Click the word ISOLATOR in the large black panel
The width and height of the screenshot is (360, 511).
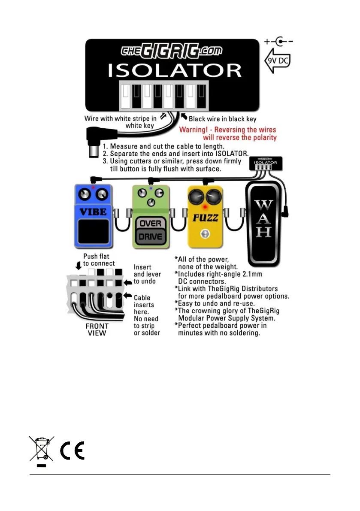(x=174, y=70)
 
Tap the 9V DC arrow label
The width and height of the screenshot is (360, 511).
(x=278, y=61)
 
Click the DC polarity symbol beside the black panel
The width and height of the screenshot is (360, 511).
(x=279, y=42)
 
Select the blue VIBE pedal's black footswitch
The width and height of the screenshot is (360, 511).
(x=93, y=233)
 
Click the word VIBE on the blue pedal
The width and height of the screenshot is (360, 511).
(x=93, y=211)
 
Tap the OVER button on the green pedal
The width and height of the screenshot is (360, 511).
(x=151, y=224)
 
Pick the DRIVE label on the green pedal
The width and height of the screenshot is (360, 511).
(x=151, y=236)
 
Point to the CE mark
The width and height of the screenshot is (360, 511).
(x=72, y=450)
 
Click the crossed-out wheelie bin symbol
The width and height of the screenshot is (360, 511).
(x=41, y=450)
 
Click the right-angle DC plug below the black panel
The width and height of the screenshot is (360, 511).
(x=95, y=142)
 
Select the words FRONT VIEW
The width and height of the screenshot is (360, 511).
(x=97, y=329)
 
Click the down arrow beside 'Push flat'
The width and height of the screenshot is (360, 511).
(x=79, y=264)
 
